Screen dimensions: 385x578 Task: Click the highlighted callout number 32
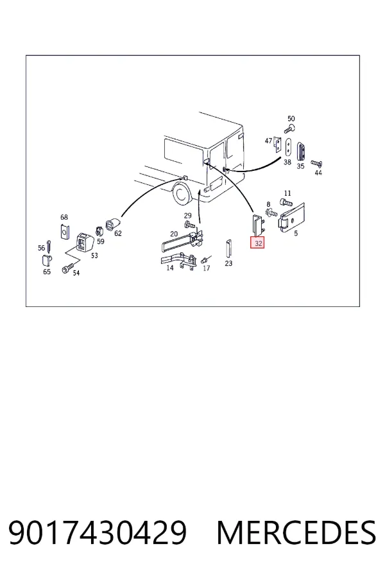coord(257,243)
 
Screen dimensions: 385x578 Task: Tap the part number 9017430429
coord(98,532)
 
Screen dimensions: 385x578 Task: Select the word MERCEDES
coord(296,532)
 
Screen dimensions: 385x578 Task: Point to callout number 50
coord(291,119)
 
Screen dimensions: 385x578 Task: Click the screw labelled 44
coord(316,163)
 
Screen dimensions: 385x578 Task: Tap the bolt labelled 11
coord(286,202)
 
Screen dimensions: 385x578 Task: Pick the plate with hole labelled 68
coord(65,231)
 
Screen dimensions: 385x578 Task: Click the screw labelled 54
coord(68,268)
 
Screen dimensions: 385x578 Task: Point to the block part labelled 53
coord(84,242)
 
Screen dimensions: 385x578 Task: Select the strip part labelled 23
coord(228,249)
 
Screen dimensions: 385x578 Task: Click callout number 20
coord(174,234)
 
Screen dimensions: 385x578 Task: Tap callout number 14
coord(169,268)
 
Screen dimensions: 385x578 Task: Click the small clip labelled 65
coord(46,260)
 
